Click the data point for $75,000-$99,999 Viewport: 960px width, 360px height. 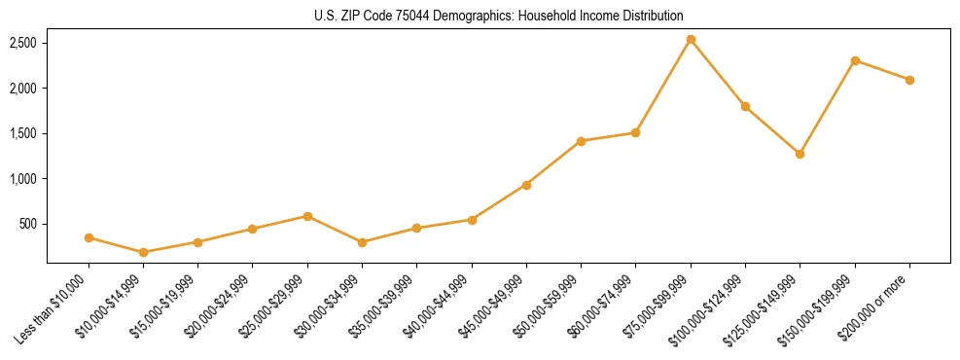(x=691, y=40)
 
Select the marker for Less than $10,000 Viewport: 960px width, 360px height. (x=89, y=237)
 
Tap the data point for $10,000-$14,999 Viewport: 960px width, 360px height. (x=144, y=252)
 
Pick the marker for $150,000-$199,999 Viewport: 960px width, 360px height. (x=855, y=60)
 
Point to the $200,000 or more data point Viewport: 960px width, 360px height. (x=909, y=80)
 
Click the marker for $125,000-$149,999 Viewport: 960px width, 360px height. (x=800, y=154)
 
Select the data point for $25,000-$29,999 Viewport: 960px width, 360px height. (x=307, y=216)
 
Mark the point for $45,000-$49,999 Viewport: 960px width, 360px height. (x=526, y=185)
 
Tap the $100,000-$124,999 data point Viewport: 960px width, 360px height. (x=745, y=106)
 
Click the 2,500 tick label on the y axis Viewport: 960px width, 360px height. (x=23, y=44)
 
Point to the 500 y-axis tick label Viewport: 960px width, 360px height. (x=28, y=224)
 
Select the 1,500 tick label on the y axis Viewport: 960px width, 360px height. (x=23, y=133)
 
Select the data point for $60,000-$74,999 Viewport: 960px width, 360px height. (x=635, y=132)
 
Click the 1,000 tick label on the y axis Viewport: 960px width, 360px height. (x=23, y=179)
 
